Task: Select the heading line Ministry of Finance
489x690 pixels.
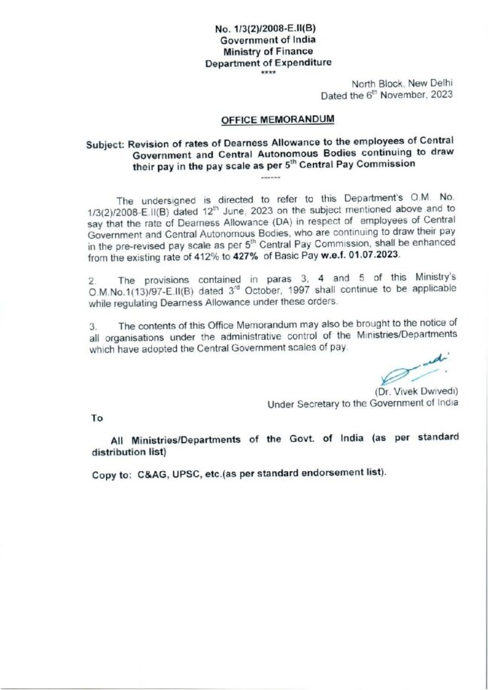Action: (x=268, y=52)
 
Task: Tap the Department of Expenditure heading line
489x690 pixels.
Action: (x=268, y=63)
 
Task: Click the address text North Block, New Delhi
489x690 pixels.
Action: (x=402, y=84)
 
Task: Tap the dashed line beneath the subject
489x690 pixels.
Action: (x=269, y=178)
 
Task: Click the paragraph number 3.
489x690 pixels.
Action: (x=93, y=326)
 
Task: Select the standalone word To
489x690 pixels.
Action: (x=97, y=418)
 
